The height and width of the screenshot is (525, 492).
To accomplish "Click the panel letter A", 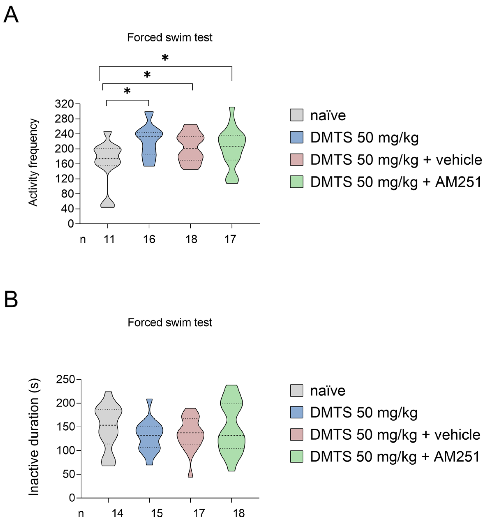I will tap(11, 15).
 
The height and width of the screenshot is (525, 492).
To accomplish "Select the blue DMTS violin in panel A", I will tap(149, 140).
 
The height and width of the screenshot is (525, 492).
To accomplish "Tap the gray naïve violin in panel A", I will tap(108, 158).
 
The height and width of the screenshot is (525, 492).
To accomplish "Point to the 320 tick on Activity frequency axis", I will tap(64, 104).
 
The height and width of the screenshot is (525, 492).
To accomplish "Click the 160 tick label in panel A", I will tap(64, 164).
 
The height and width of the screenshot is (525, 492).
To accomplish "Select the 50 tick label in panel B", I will tap(69, 474).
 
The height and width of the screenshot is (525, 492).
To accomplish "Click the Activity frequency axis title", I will tap(33, 162).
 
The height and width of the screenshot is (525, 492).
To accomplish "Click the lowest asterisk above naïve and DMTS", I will tap(127, 91).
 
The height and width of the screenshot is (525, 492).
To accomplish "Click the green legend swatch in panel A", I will tap(296, 182).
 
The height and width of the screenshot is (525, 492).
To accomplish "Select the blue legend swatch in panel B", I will tap(296, 413).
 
